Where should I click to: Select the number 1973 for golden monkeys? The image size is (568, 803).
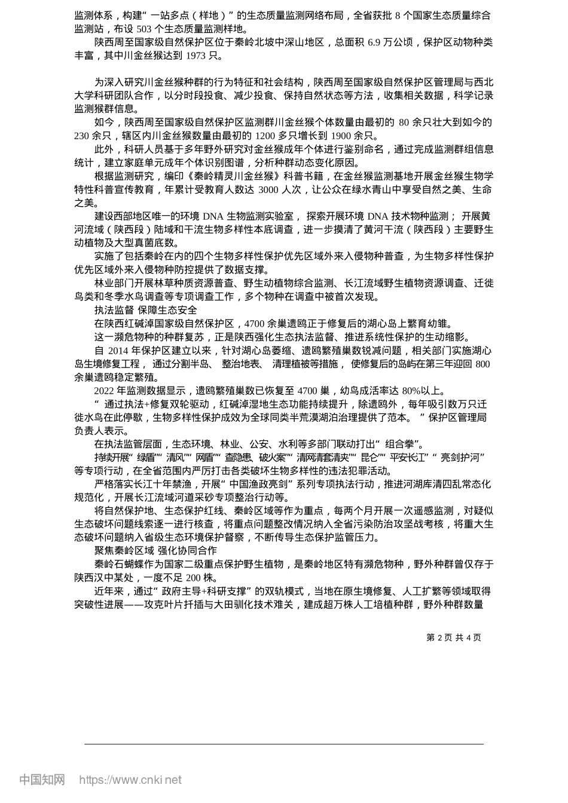tap(196, 56)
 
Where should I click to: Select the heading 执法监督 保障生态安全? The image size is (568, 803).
tap(145, 310)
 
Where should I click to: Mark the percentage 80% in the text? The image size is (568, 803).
tap(411, 391)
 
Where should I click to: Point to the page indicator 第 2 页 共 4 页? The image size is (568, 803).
tap(453, 638)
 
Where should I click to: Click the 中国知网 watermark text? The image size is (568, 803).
tap(42, 780)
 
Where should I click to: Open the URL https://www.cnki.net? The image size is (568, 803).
tap(130, 780)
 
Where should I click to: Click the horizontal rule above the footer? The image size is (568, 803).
tap(284, 744)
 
